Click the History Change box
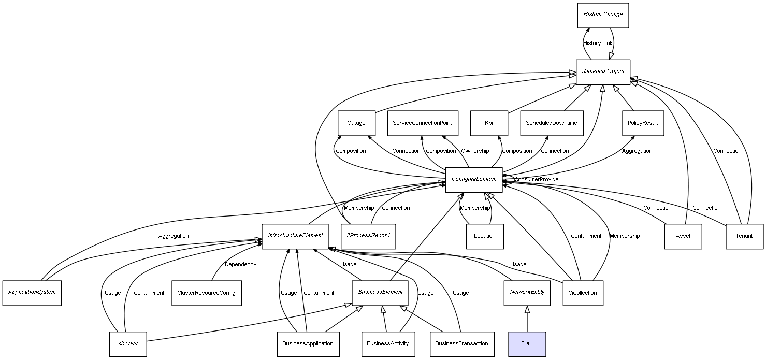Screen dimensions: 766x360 click(x=603, y=16)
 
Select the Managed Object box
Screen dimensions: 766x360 click(x=603, y=72)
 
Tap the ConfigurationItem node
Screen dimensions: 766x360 click(x=473, y=180)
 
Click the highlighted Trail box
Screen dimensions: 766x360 click(x=527, y=344)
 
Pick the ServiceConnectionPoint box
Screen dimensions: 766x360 click(x=423, y=123)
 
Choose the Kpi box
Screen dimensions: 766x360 click(x=489, y=123)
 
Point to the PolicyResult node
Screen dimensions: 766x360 click(x=643, y=123)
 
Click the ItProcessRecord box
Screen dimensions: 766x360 click(x=368, y=236)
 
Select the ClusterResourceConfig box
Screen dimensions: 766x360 click(x=207, y=293)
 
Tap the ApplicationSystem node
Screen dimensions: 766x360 click(x=32, y=293)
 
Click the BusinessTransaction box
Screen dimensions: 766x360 click(x=462, y=344)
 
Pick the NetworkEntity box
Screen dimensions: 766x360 click(x=527, y=293)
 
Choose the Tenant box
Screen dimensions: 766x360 click(x=744, y=236)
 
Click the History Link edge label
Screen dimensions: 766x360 click(x=598, y=43)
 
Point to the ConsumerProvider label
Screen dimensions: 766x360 click(x=537, y=180)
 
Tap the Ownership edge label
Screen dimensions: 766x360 click(x=475, y=151)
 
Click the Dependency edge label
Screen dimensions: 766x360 click(x=240, y=264)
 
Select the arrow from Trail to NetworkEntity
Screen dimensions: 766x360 click(x=527, y=319)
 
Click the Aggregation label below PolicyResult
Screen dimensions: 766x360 click(x=637, y=151)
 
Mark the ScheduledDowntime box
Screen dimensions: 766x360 click(x=552, y=123)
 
